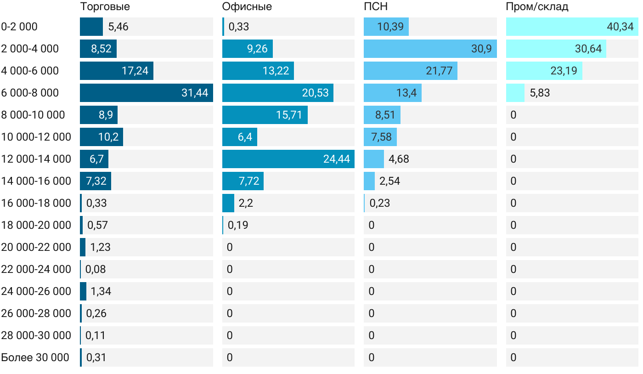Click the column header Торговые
click(x=105, y=6)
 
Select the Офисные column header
click(x=247, y=6)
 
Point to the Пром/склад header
click(x=537, y=6)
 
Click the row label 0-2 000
click(x=19, y=27)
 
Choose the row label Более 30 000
click(x=35, y=357)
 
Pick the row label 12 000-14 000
click(x=36, y=159)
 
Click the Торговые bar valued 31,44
click(x=146, y=93)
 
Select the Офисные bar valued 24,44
click(x=288, y=159)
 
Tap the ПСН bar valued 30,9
click(x=430, y=49)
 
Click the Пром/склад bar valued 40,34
click(x=572, y=27)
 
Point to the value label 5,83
click(x=540, y=93)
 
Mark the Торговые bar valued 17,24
click(x=116, y=71)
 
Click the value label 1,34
click(x=101, y=291)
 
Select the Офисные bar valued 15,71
click(x=265, y=115)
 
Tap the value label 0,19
click(x=238, y=225)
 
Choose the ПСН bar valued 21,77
click(x=410, y=71)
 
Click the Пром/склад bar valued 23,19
click(x=544, y=71)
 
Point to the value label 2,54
click(x=389, y=181)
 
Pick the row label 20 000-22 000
click(x=36, y=247)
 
